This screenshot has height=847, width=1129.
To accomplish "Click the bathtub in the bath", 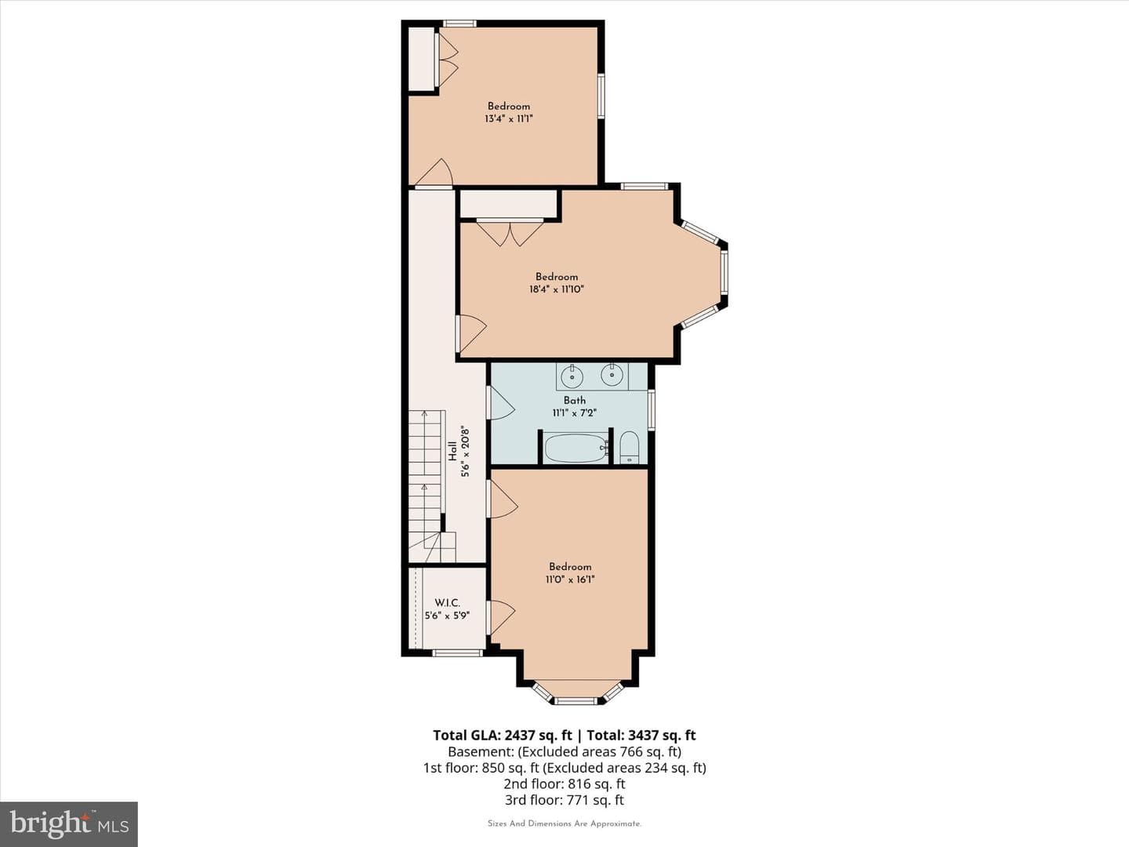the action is [575, 449].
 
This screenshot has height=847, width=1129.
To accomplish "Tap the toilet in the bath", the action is [629, 447].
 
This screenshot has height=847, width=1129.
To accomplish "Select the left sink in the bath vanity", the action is [572, 376].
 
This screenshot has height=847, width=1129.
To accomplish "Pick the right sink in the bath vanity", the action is [612, 375].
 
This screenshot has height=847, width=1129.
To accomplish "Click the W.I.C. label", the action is [447, 603].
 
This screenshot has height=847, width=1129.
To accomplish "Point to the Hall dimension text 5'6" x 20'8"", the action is [466, 451].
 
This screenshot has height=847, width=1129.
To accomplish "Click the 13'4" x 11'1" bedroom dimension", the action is [508, 118].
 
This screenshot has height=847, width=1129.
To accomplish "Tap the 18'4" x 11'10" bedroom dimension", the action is [557, 289].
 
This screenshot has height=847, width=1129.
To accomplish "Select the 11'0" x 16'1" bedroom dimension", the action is [570, 580].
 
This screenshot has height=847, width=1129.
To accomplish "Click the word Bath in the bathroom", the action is [575, 400].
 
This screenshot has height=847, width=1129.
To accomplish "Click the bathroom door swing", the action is [502, 404].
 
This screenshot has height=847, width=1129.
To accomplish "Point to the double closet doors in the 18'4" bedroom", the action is [510, 232].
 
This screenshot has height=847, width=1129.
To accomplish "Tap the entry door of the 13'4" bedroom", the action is [434, 173].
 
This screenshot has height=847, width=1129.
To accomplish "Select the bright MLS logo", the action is [69, 823].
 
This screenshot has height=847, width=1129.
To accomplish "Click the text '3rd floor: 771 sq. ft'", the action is [564, 800].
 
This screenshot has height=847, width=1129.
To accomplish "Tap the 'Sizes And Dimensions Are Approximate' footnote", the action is [564, 823].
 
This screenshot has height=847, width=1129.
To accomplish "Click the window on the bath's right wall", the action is [652, 410].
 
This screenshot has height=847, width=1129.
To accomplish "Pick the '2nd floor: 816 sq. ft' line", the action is [564, 784].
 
